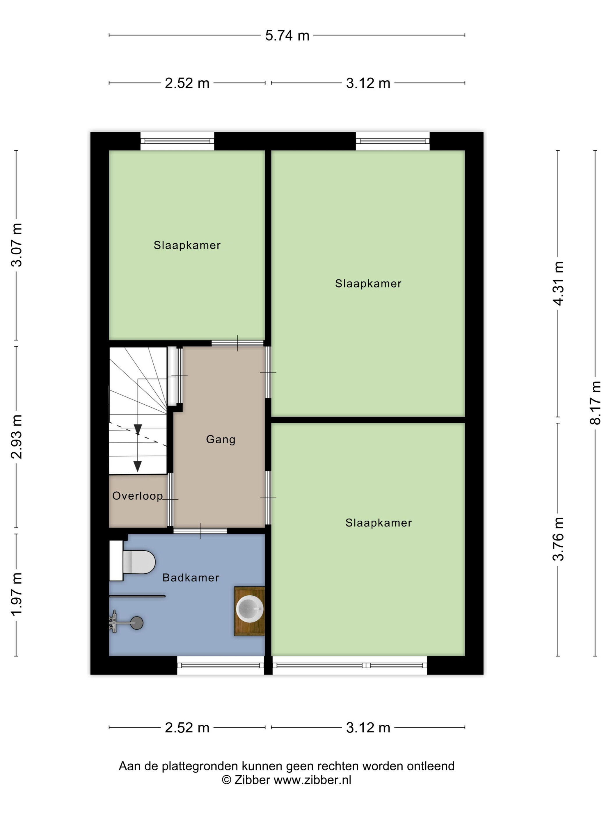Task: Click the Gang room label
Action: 221,439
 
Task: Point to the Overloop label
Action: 137,496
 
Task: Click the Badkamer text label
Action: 191,578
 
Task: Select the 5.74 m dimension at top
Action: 287,36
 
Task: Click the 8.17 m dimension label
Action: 596,403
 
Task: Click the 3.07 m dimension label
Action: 17,245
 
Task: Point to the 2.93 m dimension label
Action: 17,437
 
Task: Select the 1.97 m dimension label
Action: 17,594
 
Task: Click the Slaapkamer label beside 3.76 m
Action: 379,523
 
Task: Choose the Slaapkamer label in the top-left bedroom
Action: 187,245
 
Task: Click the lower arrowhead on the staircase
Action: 137,467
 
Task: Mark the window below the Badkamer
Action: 221,665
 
